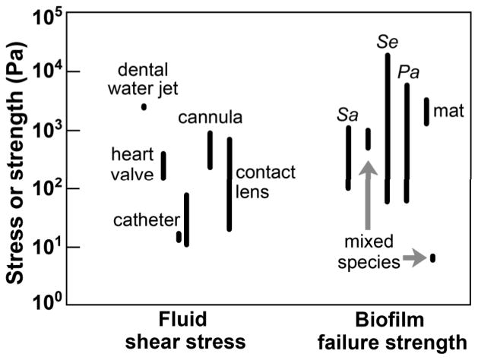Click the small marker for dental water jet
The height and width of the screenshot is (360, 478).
(144, 107)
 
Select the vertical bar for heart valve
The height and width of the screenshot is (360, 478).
(163, 166)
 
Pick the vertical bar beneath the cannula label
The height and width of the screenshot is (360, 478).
(211, 150)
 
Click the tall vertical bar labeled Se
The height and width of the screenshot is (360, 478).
(388, 128)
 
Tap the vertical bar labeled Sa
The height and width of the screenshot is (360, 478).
(349, 157)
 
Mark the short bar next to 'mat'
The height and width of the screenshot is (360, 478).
(427, 111)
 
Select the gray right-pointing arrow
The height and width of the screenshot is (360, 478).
(413, 260)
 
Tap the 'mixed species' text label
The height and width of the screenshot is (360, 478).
(369, 253)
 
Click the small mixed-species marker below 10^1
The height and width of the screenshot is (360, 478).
(433, 258)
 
